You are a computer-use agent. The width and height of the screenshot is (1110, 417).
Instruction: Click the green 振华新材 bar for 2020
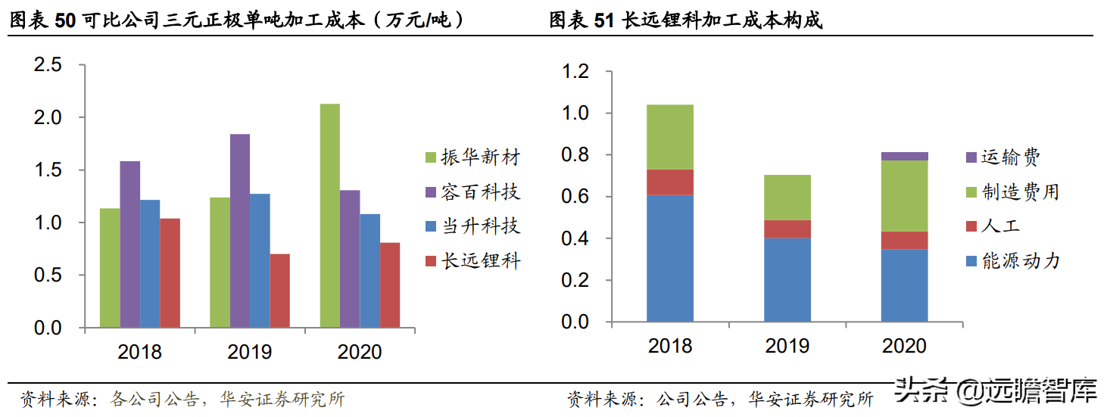coord(329,216)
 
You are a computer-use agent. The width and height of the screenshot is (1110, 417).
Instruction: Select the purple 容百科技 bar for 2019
coord(240,231)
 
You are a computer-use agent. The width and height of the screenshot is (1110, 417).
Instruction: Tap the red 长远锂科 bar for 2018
coord(170,273)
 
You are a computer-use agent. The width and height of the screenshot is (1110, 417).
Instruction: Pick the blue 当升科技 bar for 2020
coord(369,271)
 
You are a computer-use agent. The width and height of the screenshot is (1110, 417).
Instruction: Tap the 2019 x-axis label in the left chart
coord(250,352)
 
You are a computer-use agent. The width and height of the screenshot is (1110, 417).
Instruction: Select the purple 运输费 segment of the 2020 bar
coord(905,156)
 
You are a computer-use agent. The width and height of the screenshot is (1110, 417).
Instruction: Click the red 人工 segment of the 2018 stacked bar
coord(670,182)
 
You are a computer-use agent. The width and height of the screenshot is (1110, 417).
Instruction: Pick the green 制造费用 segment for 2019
coord(787,198)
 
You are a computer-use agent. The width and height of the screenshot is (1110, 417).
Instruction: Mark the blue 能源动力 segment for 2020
coord(905,286)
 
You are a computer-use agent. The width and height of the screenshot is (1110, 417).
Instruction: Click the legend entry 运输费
coord(1002,157)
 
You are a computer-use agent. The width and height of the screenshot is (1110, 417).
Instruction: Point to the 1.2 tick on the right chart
coord(574,72)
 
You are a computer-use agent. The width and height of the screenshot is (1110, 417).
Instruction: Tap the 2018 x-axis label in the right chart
coord(670,346)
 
